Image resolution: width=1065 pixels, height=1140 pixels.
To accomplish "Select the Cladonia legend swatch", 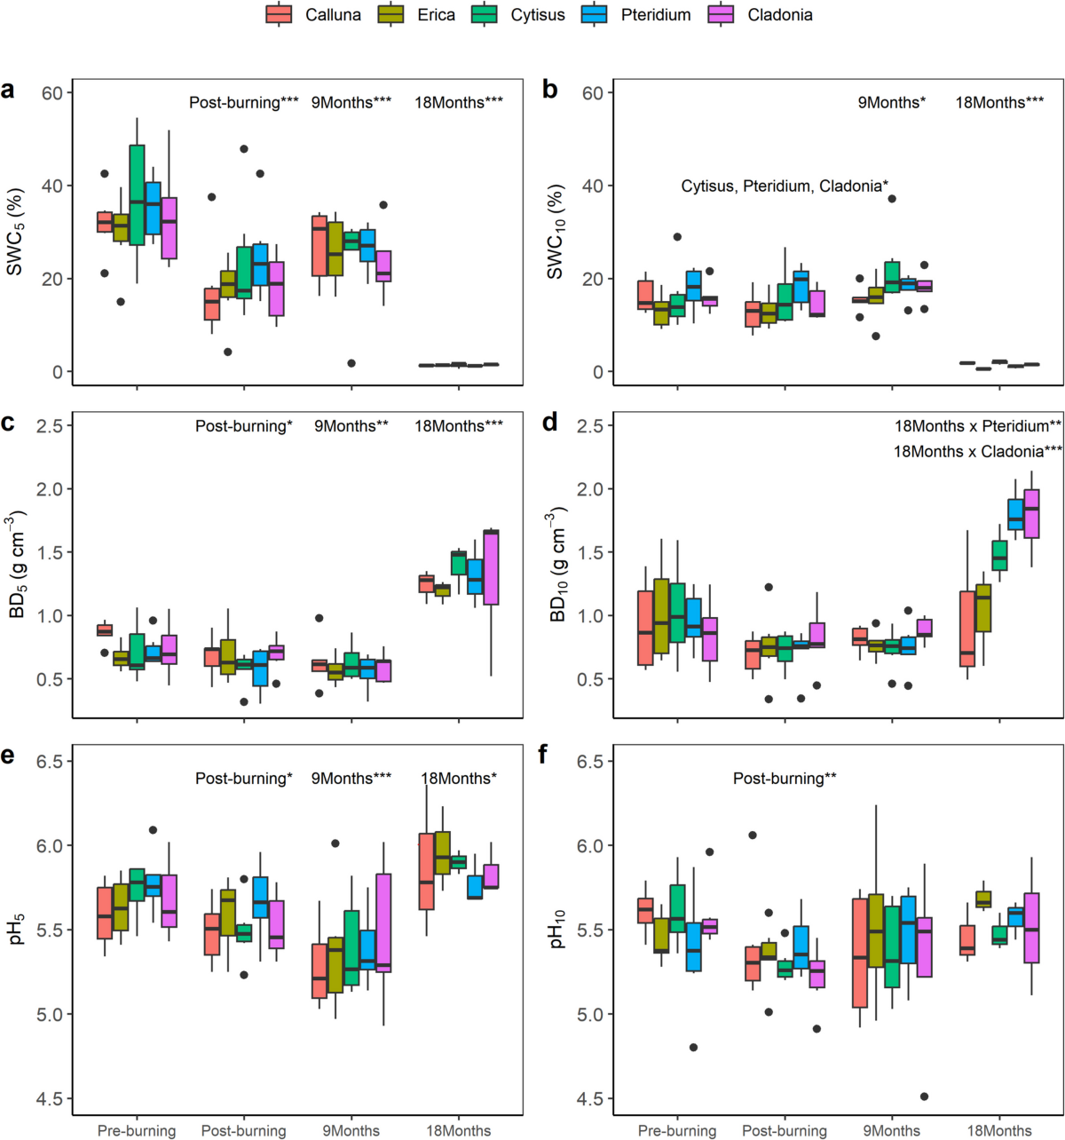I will point(720,14).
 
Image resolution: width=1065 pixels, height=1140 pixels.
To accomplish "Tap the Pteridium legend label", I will point(655,14).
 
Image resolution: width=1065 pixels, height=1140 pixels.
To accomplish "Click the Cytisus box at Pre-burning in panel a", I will point(137,194).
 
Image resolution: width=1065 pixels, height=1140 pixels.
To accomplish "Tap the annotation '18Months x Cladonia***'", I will point(977,451).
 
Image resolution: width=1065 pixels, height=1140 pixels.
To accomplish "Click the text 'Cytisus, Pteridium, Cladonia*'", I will point(785,186).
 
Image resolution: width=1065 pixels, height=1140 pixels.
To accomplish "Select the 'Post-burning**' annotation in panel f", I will point(785,779).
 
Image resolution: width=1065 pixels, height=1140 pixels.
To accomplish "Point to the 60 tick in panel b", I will point(593,92).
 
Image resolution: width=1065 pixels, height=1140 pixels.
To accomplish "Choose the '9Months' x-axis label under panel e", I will point(351,1130).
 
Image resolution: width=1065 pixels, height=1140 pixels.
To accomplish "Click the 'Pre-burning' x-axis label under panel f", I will point(677,1130).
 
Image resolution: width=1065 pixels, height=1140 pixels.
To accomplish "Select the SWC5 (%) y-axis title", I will point(16,231).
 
